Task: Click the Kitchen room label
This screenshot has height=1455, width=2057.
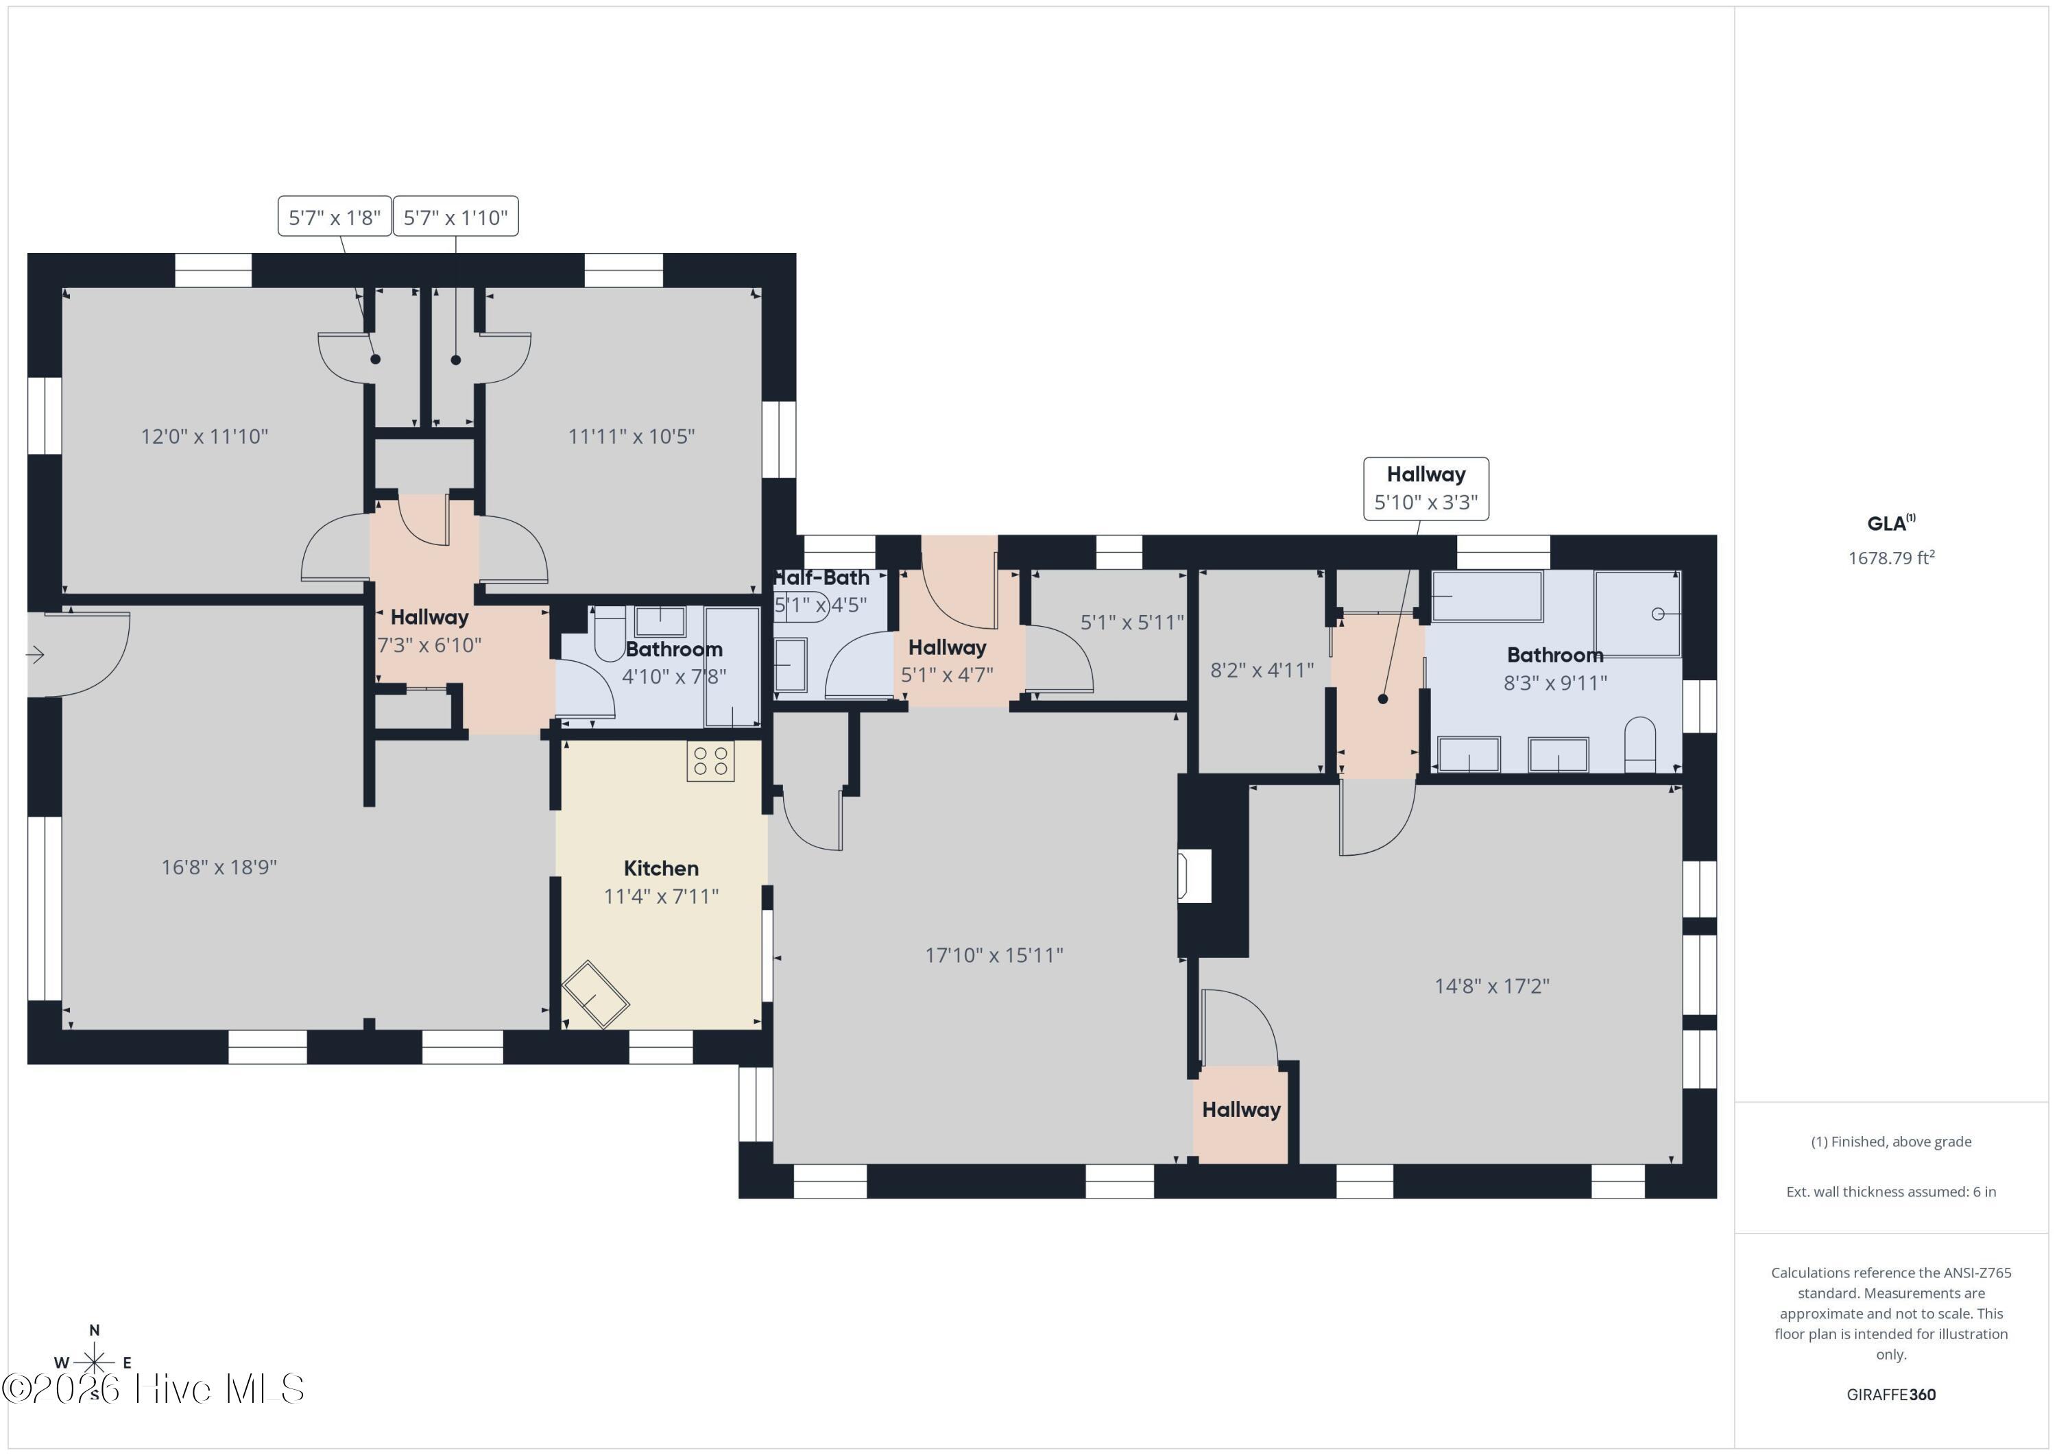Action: (x=661, y=868)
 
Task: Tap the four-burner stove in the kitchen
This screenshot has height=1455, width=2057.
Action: (x=710, y=760)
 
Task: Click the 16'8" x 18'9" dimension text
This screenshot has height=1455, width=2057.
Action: (x=219, y=867)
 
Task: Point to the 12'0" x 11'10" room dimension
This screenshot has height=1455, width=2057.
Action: (x=204, y=436)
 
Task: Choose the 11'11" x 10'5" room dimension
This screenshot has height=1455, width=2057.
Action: (x=631, y=436)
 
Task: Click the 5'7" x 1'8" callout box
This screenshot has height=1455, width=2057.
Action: (x=334, y=217)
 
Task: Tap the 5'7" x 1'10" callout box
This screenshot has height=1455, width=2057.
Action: (x=455, y=217)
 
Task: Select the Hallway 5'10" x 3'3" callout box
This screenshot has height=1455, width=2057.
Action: (x=1426, y=488)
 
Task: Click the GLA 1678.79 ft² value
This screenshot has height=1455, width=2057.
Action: (x=1891, y=558)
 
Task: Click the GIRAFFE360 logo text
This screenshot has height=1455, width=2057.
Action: (x=1891, y=1395)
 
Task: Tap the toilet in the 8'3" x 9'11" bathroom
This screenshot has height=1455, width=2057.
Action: (x=1640, y=745)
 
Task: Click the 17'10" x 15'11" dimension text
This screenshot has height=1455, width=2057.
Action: (x=994, y=955)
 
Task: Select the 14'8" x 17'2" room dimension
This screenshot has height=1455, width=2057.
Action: (x=1492, y=987)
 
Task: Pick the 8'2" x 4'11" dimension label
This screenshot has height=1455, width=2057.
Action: (x=1262, y=670)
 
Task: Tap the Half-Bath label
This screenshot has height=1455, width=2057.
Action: (x=821, y=578)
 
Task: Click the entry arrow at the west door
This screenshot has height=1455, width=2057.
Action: (x=35, y=655)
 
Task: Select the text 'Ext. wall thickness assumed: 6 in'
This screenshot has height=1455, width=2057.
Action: (x=1891, y=1192)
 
